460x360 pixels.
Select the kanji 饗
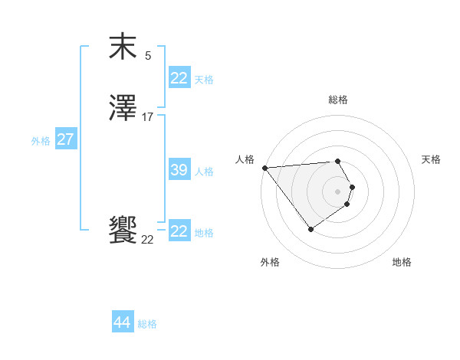123,231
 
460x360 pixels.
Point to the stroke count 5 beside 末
148,56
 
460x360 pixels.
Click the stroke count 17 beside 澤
148,117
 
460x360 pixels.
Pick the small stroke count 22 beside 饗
147,240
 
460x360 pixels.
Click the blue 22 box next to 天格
179,78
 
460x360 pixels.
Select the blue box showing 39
179,170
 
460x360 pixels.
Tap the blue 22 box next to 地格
179,231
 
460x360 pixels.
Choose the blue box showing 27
65,139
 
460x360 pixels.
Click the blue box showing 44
123,322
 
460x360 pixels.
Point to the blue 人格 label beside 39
204,172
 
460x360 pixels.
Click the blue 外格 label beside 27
41,141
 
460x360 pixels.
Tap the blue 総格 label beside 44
147,324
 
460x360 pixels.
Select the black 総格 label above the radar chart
338,100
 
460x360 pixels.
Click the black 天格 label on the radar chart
431,159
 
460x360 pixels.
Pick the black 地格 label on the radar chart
402,262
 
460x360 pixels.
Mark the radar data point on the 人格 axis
264,168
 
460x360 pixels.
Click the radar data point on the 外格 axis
310,229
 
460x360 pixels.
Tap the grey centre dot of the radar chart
337,191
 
